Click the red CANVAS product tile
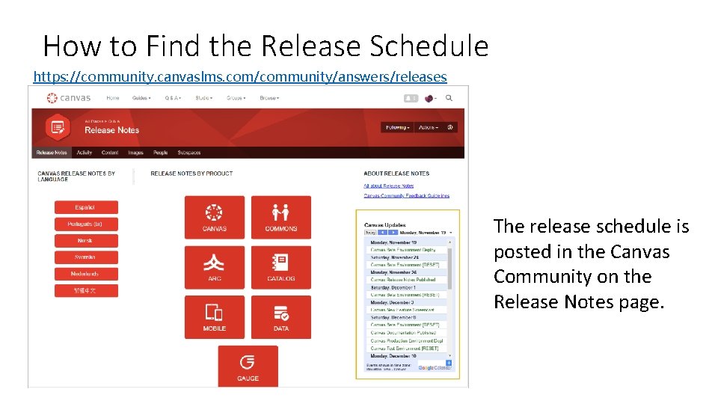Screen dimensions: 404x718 tap(214, 217)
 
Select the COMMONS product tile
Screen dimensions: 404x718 tap(280, 217)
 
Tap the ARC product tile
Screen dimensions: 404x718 tap(214, 267)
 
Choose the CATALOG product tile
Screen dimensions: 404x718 tap(280, 267)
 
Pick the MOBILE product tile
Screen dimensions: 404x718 tap(214, 317)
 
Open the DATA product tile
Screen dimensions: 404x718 tap(280, 317)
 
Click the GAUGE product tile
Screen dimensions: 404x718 tap(248, 367)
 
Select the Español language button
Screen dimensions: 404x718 tap(85, 207)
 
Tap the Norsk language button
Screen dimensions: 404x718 tap(85, 241)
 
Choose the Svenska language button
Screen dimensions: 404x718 tap(85, 257)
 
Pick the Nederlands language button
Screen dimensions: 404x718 tap(85, 274)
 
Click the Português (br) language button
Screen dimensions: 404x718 tap(85, 224)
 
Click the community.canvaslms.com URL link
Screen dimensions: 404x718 tap(240, 76)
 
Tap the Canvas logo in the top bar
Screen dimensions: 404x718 tap(69, 98)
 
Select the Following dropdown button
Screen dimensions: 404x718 tap(397, 127)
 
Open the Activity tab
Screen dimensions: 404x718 tap(85, 153)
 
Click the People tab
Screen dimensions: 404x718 tap(160, 153)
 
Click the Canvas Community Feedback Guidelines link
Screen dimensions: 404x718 tap(406, 196)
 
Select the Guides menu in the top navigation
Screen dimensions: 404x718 tap(141, 98)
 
